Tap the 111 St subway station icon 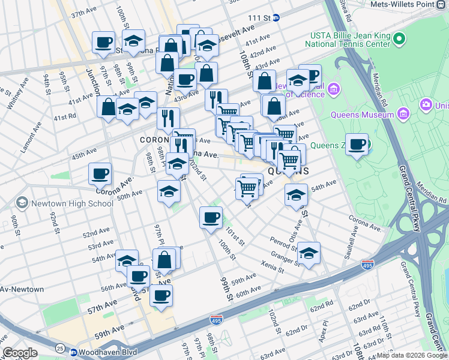276,18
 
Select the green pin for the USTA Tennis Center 399,39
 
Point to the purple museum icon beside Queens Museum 403,113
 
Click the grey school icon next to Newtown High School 22,203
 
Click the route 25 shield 59,348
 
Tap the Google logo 20,353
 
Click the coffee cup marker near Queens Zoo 357,145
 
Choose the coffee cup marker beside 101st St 211,217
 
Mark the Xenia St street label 272,265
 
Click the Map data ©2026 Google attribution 412,355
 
